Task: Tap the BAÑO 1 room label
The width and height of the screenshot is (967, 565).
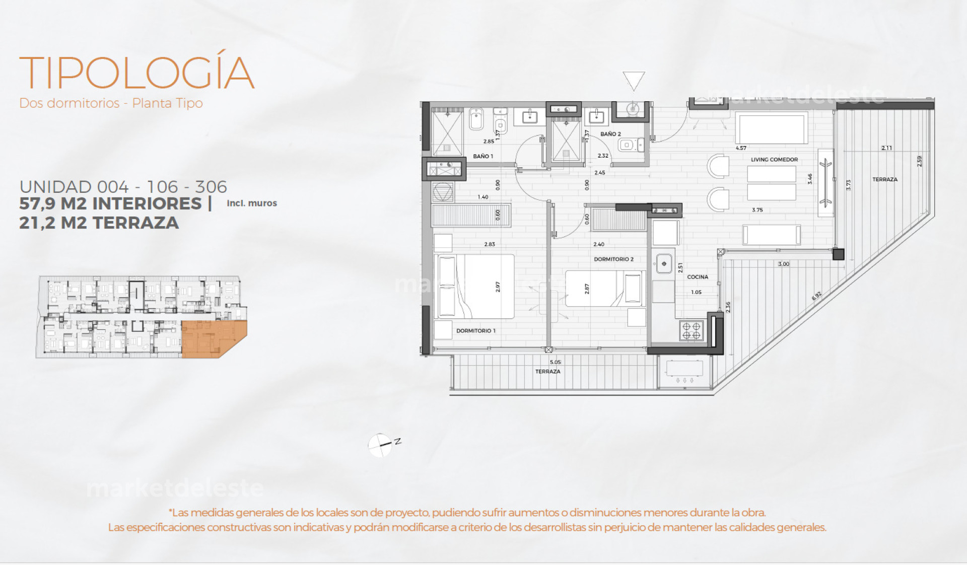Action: coord(483,156)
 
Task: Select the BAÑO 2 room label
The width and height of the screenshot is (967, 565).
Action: coord(610,134)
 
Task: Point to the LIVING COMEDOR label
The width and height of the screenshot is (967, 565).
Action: coord(774,160)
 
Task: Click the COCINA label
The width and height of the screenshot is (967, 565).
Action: coord(698,277)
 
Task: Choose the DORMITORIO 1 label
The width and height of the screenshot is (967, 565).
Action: coord(476,331)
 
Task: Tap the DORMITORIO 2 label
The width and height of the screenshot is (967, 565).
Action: coord(613,259)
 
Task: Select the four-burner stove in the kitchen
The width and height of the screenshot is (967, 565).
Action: coord(691,330)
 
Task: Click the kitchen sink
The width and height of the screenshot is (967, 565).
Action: coord(664,263)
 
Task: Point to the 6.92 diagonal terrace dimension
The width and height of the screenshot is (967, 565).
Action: coord(816,296)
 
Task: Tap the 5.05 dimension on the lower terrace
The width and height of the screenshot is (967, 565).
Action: coord(555,362)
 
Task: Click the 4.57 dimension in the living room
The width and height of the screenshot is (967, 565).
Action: coord(741,148)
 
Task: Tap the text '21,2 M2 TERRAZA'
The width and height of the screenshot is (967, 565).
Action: coord(99,223)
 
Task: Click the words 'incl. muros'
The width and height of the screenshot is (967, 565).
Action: coord(252,203)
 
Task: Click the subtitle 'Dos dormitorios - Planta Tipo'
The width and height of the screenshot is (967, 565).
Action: coord(111,103)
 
